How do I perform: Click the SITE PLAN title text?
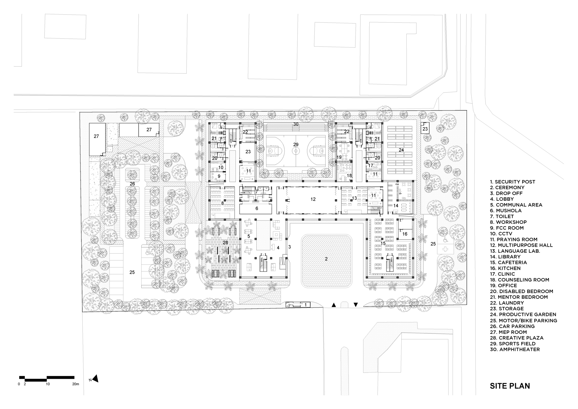click(x=510, y=386)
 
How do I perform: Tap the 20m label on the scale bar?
click(x=75, y=384)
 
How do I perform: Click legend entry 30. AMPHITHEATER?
click(x=515, y=349)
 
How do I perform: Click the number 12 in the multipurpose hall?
click(x=313, y=199)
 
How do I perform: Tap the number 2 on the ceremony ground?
click(x=326, y=259)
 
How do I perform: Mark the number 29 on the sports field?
click(x=296, y=144)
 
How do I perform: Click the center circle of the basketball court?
click(x=296, y=151)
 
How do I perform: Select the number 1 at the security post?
click(x=305, y=305)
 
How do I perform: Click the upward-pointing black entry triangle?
click(x=334, y=305)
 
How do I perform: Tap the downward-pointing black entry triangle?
click(x=356, y=305)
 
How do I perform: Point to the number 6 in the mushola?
click(x=257, y=208)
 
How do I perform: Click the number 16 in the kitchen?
click(x=405, y=234)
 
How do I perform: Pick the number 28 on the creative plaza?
click(x=225, y=242)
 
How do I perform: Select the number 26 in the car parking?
click(x=132, y=184)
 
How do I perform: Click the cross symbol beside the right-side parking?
click(x=445, y=249)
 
